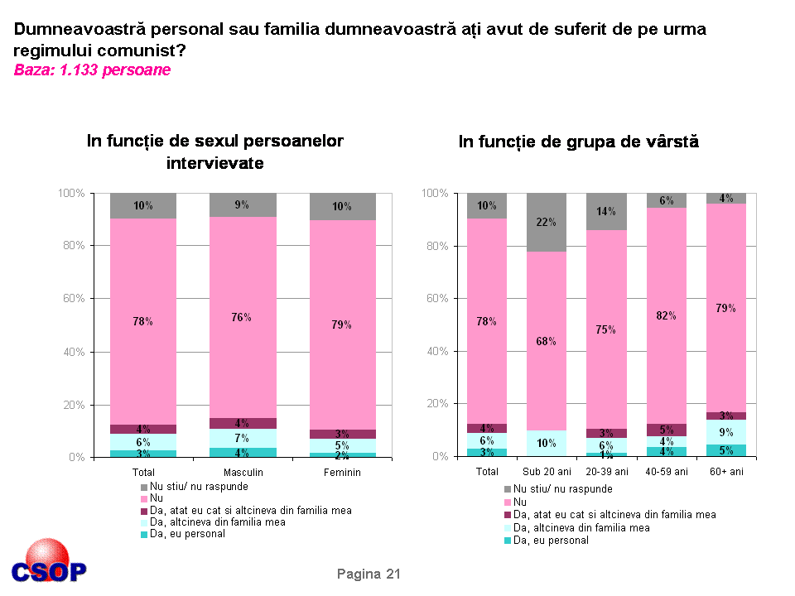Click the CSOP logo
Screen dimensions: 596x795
point(48,564)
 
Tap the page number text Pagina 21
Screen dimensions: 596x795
point(369,574)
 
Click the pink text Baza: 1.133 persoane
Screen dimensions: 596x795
point(92,70)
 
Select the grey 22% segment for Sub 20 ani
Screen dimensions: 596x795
point(546,222)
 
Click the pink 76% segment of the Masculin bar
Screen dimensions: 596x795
point(242,317)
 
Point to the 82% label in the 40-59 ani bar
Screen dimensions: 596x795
point(667,315)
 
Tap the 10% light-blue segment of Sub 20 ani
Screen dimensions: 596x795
point(546,443)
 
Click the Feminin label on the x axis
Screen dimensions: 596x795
point(342,472)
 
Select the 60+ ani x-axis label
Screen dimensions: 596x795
point(726,472)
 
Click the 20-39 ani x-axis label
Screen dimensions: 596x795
point(607,472)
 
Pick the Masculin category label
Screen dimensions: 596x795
point(243,472)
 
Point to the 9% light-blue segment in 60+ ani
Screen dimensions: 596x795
point(726,431)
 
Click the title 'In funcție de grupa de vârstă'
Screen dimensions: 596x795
point(579,142)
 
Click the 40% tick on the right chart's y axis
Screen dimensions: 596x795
point(436,351)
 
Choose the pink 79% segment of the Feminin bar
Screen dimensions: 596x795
point(342,324)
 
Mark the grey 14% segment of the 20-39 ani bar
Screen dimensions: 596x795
point(606,212)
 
